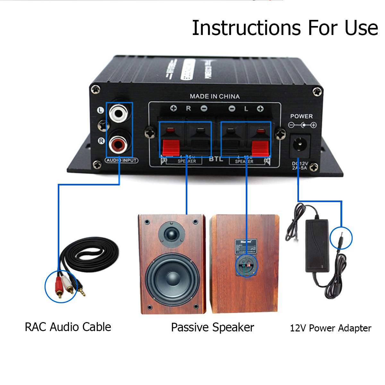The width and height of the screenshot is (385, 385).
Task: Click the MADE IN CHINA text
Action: pos(214,96)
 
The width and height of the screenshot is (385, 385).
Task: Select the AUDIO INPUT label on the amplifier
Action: pos(122,160)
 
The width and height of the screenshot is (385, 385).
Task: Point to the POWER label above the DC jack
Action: pos(301,116)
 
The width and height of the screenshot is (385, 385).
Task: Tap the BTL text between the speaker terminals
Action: pos(216,159)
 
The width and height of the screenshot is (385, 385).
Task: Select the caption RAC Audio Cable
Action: pos(68,327)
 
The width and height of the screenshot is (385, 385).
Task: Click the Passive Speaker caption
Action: pos(212,328)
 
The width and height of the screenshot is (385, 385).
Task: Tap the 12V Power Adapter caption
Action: pos(330,328)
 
